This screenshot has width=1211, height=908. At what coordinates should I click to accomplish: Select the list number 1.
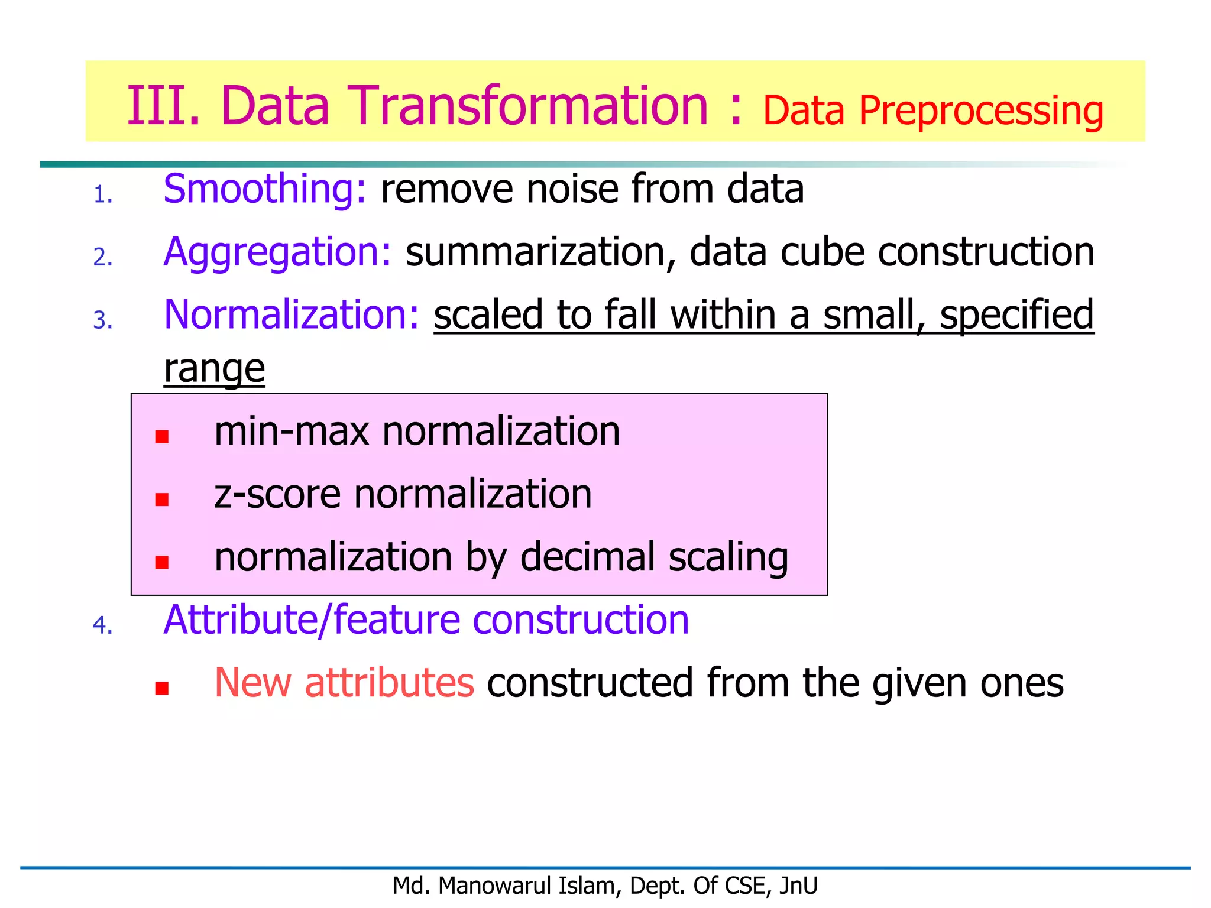(102, 195)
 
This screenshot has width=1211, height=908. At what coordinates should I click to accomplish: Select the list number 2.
(102, 257)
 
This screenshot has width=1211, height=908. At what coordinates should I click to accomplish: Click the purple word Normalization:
(292, 315)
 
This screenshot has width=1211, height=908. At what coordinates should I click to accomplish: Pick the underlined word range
(214, 369)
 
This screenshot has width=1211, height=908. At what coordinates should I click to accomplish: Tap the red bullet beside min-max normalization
(162, 437)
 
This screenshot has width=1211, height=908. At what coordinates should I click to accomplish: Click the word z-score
(277, 494)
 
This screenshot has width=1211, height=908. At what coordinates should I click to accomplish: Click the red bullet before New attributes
(162, 688)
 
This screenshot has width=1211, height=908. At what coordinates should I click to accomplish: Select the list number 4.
(102, 625)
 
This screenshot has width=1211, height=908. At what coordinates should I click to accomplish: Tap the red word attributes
(389, 683)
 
